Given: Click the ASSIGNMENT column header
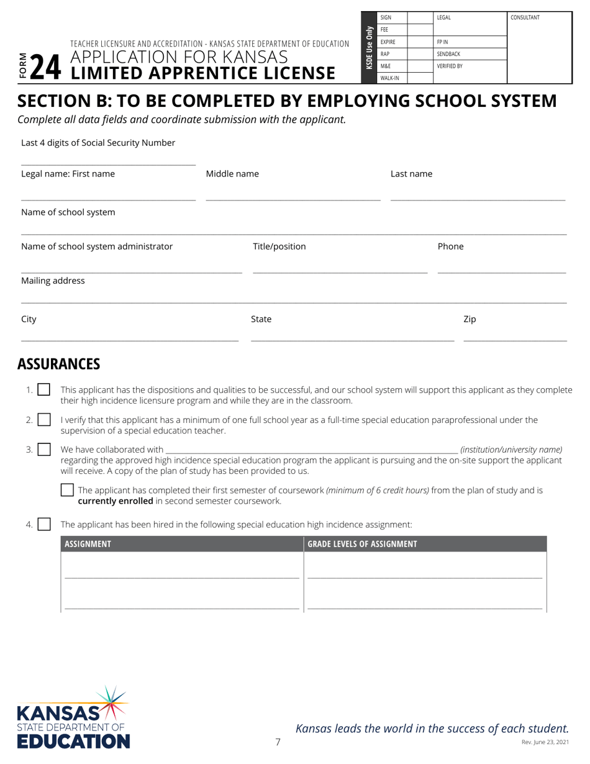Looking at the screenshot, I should pos(88,544).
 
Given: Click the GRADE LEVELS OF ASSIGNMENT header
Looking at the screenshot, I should pos(363,544).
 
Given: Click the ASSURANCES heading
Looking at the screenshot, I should pos(58,363).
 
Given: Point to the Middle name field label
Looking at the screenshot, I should pos(232,174).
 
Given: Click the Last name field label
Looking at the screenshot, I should pos(411,174).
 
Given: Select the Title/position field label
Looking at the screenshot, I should pos(279,247).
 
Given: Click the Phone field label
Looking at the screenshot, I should pos(451,247).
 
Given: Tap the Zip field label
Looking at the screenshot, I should pos(470,319).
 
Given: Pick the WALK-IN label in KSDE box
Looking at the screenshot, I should pos(389,78).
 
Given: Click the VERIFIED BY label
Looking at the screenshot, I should pos(450,65).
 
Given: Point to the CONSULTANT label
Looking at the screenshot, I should pos(525,17).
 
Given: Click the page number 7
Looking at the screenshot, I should pos(278,741).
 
